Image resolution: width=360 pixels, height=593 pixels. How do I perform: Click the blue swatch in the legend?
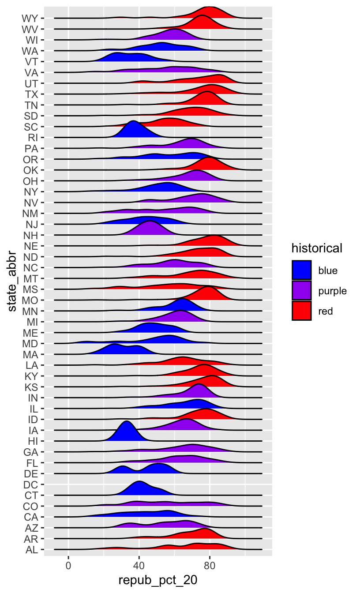(302, 270)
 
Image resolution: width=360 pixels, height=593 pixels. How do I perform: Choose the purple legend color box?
(302, 291)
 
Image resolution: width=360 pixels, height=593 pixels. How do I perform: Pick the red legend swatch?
(302, 311)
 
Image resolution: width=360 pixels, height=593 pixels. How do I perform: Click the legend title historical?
(317, 248)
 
